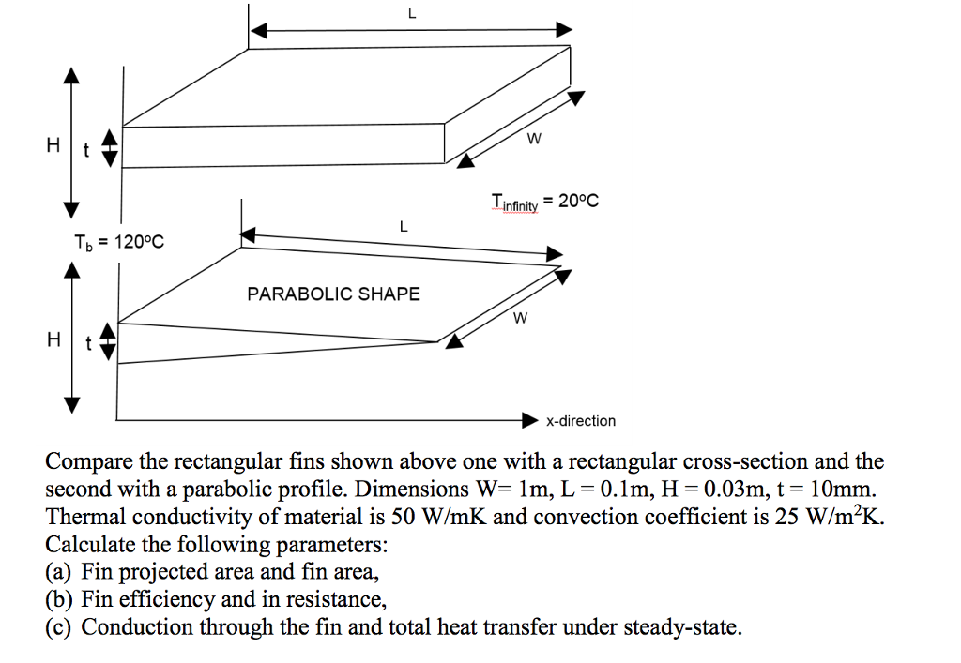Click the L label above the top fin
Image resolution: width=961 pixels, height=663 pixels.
412,13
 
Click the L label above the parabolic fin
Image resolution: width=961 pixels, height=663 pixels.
403,227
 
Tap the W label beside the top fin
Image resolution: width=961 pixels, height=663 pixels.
534,139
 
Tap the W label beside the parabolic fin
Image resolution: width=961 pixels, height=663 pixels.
520,318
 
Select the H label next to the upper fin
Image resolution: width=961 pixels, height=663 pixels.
53,145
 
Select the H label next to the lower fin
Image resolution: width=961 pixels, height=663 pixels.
53,339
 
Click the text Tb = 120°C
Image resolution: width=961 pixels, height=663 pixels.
119,243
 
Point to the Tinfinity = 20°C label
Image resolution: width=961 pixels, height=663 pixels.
545,202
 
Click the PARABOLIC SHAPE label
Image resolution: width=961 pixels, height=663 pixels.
333,294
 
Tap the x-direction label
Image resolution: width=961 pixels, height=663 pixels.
581,420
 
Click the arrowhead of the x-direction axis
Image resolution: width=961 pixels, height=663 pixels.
530,420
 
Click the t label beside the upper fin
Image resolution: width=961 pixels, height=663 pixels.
85,150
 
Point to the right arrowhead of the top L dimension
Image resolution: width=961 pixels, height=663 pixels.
564,29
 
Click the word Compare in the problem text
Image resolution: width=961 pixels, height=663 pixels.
89,461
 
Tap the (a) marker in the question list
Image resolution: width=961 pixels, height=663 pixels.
58,572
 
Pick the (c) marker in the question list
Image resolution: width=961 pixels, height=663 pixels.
58,626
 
